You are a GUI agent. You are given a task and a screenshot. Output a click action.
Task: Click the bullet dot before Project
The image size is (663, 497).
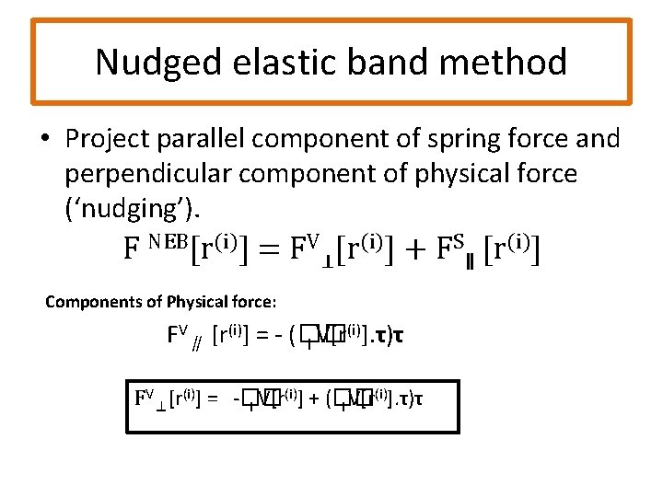tap(45, 139)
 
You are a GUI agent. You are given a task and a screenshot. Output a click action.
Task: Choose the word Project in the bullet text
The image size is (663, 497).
tap(108, 139)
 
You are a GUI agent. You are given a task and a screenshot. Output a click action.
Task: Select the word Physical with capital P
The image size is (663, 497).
tap(195, 301)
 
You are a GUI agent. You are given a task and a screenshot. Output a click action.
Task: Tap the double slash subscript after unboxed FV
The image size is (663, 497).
tap(196, 344)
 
